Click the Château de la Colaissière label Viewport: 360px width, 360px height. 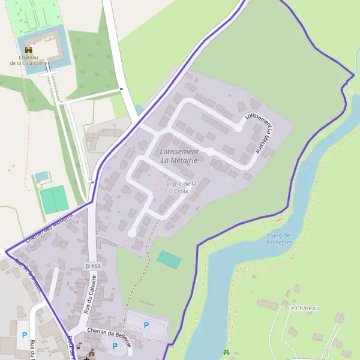pos(29,60)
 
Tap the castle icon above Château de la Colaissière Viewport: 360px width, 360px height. pos(29,49)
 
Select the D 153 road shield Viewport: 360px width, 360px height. pos(92,266)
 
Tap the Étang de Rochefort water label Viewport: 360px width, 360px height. pos(278,239)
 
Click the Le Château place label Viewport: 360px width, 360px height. pos(303,308)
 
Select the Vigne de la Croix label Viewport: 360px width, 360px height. pos(181,187)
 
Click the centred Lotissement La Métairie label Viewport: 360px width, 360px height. pos(180,155)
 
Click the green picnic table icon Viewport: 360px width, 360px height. pos(226,353)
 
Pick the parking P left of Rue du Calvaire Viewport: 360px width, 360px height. pos(25,335)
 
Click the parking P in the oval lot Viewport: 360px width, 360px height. pos(115,346)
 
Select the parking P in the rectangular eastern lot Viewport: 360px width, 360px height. pos(146,325)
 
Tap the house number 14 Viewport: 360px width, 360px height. pos(75,222)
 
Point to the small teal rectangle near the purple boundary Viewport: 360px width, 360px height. pos(169,260)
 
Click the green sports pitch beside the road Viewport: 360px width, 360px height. pos(54,199)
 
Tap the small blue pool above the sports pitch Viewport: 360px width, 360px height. pos(41,176)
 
